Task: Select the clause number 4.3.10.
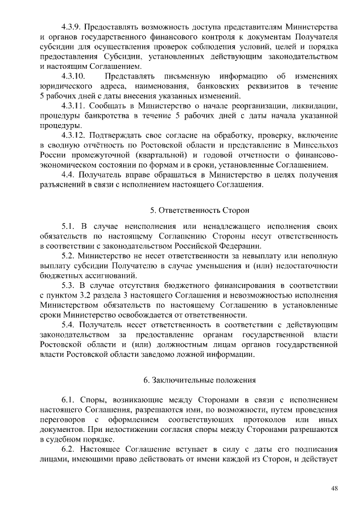point(74,76)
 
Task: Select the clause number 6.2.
point(68,448)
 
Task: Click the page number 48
point(334,488)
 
